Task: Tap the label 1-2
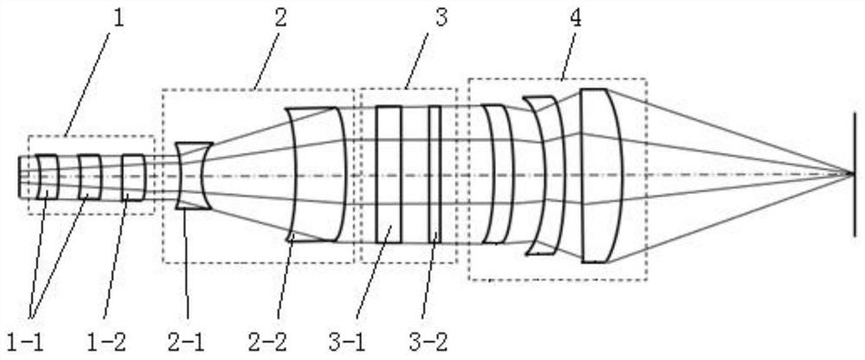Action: (106, 343)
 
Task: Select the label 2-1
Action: (186, 343)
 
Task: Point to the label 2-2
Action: (268, 343)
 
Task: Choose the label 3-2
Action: (427, 343)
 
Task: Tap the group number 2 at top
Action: (280, 17)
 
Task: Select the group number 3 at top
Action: (441, 17)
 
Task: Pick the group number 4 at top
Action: (575, 17)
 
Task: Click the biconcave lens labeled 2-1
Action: (194, 176)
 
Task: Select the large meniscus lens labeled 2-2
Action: (316, 175)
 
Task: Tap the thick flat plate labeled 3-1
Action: (388, 175)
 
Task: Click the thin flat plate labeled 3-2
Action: (435, 175)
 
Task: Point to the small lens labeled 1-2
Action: (133, 177)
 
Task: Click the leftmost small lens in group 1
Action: (48, 177)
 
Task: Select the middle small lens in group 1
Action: (90, 177)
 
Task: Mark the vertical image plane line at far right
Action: (855, 175)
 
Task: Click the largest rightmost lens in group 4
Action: (601, 176)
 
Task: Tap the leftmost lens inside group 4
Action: (497, 174)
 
